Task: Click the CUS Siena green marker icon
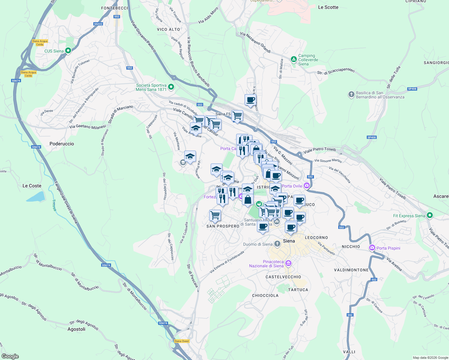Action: [68, 51]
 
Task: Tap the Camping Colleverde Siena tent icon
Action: [294, 60]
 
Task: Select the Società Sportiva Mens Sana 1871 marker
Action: [171, 87]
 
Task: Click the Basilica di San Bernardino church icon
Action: [351, 95]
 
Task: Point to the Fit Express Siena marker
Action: [430, 215]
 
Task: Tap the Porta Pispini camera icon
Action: [372, 248]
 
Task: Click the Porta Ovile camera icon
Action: [306, 186]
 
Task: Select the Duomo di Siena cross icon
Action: [277, 244]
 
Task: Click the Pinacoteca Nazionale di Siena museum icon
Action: [288, 263]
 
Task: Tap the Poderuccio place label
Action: [62, 144]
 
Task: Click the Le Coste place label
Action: [32, 186]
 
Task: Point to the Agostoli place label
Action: [76, 329]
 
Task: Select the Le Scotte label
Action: [328, 7]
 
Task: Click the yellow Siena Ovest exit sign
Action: [182, 341]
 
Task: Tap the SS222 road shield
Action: [98, 24]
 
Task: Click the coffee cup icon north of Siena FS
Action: [250, 100]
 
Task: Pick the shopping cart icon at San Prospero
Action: [215, 215]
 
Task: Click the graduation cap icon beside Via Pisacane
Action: [190, 156]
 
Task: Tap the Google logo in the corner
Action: [10, 356]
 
